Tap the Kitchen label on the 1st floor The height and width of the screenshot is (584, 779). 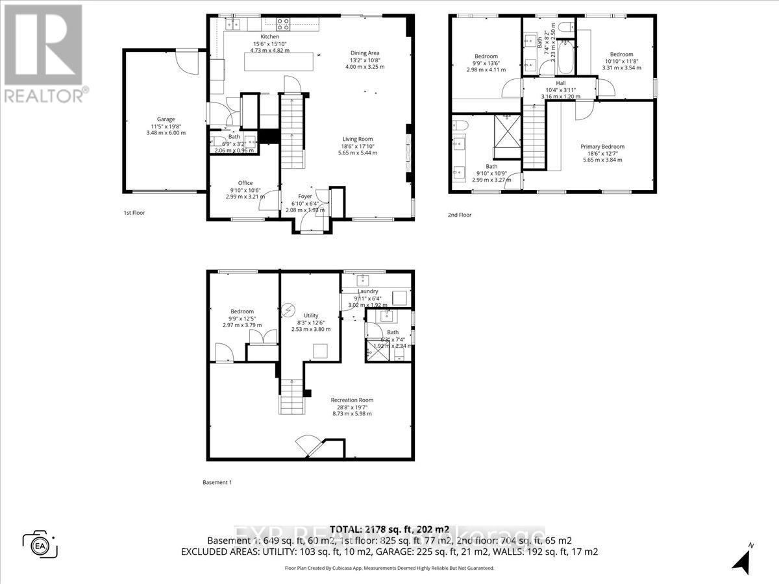269,36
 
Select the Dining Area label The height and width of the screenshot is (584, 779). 364,53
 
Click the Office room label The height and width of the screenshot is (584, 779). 245,183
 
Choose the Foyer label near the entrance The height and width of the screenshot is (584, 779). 305,196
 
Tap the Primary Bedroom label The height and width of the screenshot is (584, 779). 601,147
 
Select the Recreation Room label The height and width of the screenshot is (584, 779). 351,400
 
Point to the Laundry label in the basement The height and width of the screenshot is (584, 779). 367,291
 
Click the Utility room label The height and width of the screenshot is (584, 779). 312,315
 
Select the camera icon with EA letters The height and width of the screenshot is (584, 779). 40,544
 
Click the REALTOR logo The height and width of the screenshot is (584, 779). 43,52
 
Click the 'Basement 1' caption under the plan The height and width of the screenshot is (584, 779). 217,482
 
